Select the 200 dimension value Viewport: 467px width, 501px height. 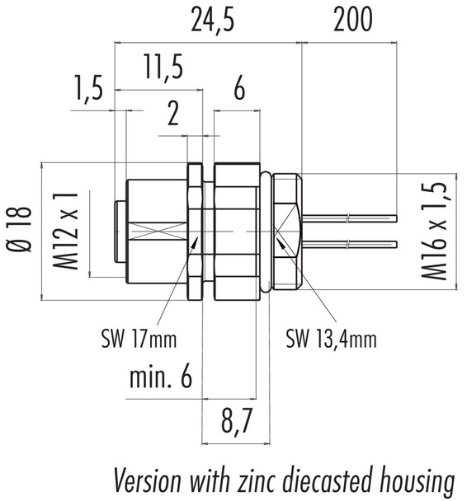coord(352,20)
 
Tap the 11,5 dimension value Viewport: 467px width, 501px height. coord(161,68)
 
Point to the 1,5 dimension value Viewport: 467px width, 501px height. coord(88,88)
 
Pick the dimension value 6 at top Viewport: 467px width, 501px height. coord(238,89)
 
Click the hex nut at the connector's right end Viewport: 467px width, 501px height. coord(285,231)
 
